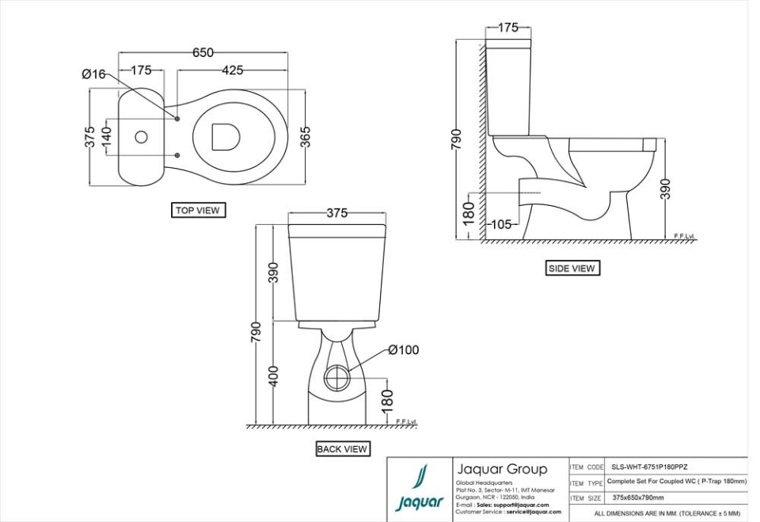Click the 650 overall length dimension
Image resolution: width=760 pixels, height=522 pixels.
point(203,52)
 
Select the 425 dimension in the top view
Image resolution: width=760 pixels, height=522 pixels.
point(232,70)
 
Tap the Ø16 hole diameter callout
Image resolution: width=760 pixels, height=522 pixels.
point(93,74)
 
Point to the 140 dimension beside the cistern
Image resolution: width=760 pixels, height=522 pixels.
point(107,136)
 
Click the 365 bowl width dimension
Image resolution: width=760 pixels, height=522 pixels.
point(306,136)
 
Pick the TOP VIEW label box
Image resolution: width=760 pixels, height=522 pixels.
point(198,211)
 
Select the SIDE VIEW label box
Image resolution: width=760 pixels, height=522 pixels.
point(572,269)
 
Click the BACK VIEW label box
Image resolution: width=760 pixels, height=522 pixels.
point(342,449)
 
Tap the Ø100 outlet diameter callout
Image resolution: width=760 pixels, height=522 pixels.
point(403,350)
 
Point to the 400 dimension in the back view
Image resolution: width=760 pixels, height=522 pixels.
point(274,375)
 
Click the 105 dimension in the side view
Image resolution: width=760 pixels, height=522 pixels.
point(500,224)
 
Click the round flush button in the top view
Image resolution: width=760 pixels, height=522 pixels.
point(142,137)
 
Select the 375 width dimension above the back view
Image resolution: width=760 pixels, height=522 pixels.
point(336,213)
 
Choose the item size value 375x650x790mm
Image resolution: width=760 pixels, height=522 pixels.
point(638,498)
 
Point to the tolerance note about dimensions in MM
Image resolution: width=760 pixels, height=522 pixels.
point(667,514)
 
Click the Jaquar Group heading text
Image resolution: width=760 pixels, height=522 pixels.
point(502,469)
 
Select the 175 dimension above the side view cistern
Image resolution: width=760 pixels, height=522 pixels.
point(507,28)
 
